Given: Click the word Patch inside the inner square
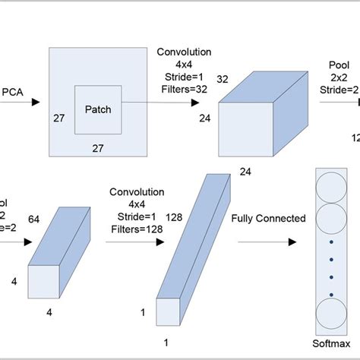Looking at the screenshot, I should click(97, 109).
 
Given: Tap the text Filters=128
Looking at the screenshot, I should click(137, 228).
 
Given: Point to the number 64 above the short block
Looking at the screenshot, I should click(34, 219).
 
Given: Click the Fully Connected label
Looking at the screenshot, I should click(269, 219).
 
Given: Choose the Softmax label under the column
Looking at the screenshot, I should click(332, 343).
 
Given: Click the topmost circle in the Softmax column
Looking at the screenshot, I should click(332, 186).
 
